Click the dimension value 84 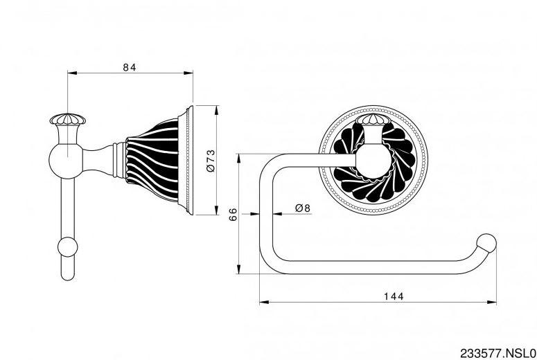coord(129,66)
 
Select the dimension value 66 coord(234,215)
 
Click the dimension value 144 coord(393,296)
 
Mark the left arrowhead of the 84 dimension coord(70,71)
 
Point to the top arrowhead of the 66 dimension coord(239,156)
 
